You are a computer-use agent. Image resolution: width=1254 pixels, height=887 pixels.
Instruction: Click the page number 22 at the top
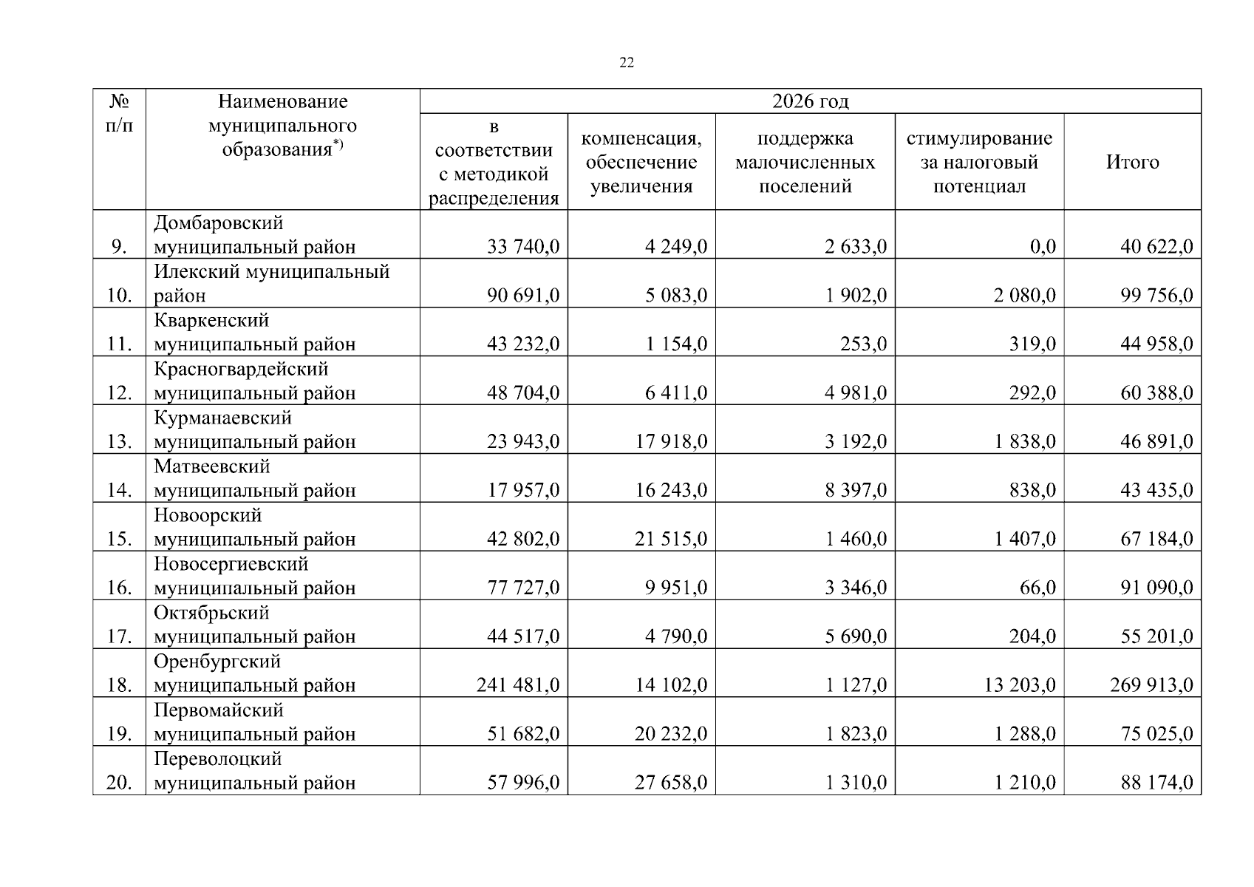[626, 63]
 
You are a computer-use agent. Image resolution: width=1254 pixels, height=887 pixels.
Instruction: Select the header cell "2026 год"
[810, 101]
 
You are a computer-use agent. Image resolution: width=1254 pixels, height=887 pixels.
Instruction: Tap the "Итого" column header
[1132, 162]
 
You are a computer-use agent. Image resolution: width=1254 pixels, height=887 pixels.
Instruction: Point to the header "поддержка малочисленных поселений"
[805, 162]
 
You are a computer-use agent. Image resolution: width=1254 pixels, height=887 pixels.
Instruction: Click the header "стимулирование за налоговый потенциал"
[979, 162]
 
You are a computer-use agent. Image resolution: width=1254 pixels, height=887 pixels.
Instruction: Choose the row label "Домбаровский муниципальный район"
[254, 234]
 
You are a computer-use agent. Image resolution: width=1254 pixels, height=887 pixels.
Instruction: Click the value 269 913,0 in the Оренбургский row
[1151, 685]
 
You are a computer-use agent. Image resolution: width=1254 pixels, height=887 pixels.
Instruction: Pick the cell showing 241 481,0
[518, 685]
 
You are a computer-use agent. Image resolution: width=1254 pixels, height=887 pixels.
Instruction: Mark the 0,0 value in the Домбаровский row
[1043, 246]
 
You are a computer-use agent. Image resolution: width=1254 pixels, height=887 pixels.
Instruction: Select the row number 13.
[120, 441]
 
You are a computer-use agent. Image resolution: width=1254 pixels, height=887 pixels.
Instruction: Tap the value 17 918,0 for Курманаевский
[671, 441]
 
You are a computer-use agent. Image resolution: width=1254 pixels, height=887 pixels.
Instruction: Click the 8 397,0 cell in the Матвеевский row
[856, 490]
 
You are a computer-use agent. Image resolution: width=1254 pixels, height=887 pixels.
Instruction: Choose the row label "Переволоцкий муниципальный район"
[254, 771]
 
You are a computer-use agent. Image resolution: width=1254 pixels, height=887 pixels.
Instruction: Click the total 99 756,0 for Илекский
[1156, 295]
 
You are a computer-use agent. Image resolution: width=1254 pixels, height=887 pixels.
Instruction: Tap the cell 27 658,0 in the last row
[671, 783]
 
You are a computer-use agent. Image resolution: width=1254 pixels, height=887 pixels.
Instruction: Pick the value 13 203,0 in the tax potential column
[1020, 685]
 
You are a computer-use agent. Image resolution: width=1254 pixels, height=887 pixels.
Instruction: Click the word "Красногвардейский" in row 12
[241, 369]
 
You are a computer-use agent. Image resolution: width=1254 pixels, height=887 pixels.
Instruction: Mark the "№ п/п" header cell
[120, 113]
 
